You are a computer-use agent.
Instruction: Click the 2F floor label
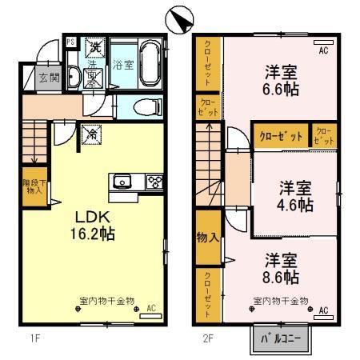click(x=206, y=338)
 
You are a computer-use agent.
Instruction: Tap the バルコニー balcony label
click(x=279, y=337)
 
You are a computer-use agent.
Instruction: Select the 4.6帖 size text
click(x=295, y=205)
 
